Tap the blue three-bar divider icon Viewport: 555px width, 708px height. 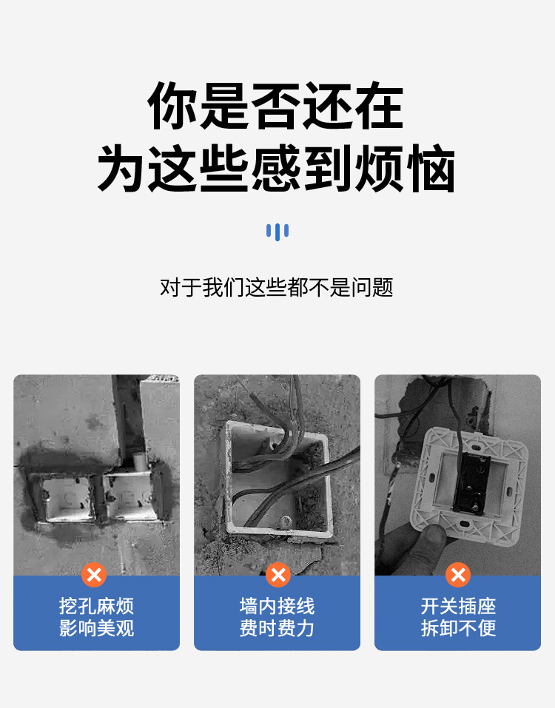[277, 232]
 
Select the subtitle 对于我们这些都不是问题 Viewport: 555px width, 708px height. [276, 287]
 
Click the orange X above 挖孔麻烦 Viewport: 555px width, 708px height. [94, 575]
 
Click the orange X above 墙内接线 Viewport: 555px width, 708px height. [277, 575]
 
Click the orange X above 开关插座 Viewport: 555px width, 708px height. [458, 575]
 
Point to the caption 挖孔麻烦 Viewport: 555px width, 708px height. [96, 607]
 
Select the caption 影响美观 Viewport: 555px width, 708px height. [96, 630]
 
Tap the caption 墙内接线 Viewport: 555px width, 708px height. [277, 607]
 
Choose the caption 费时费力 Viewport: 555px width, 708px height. [277, 630]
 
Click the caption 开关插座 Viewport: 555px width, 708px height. [458, 607]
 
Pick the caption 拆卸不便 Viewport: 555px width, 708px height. [458, 630]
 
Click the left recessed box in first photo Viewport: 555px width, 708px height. [65, 497]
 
